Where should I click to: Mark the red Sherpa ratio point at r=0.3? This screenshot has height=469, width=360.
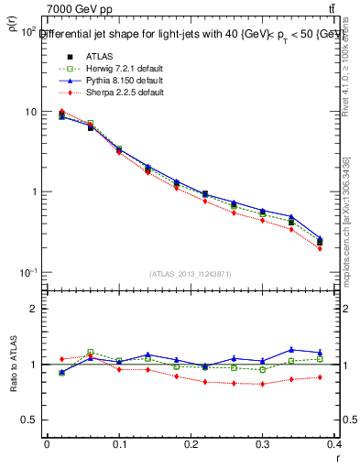[x=263, y=384]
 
